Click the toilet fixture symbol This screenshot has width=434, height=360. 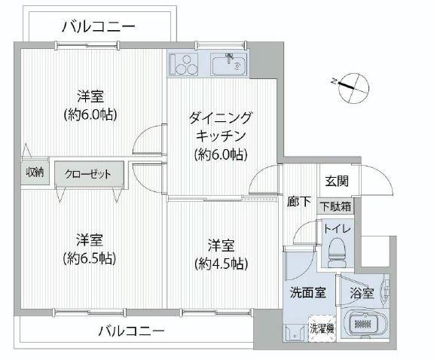coord(336,252)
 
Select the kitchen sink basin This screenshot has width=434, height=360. coord(228,64)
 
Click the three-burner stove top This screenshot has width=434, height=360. coord(184,64)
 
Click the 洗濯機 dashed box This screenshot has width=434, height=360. coord(322,328)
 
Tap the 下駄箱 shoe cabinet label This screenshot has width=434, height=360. coord(335,206)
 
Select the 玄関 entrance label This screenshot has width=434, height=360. coord(337,182)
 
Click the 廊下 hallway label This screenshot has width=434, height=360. coord(298,201)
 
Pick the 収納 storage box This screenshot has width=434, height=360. coord(35,173)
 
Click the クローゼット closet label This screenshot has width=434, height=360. coord(88,174)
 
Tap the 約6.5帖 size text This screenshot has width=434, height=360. coord(90,258)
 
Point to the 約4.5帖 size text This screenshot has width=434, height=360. coord(221,264)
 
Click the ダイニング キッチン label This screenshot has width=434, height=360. coord(221,127)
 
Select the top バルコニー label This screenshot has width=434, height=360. coord(99,27)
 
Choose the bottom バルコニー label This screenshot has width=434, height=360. coord(132,331)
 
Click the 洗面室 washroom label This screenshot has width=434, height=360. coord(307,292)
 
